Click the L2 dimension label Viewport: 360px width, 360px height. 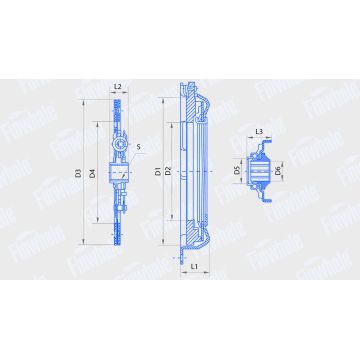tap(118, 88)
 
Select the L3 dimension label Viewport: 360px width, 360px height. tap(259, 132)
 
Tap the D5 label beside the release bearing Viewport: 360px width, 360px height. tap(238, 171)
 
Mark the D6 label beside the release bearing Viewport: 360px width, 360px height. tap(279, 171)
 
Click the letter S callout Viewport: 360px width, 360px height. tap(151, 149)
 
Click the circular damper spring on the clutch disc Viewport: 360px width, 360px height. tap(119, 149)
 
